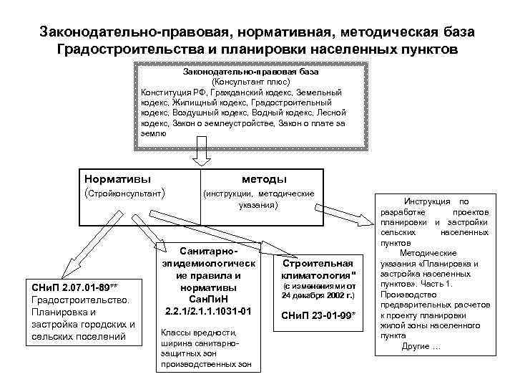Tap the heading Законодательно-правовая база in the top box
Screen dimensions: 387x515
pyautogui.click(x=251, y=72)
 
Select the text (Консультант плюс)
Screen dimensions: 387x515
pyautogui.click(x=251, y=82)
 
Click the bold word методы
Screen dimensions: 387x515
pyautogui.click(x=265, y=178)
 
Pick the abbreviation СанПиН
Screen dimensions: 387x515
pyautogui.click(x=209, y=299)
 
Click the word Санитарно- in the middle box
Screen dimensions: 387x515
pyautogui.click(x=209, y=252)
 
